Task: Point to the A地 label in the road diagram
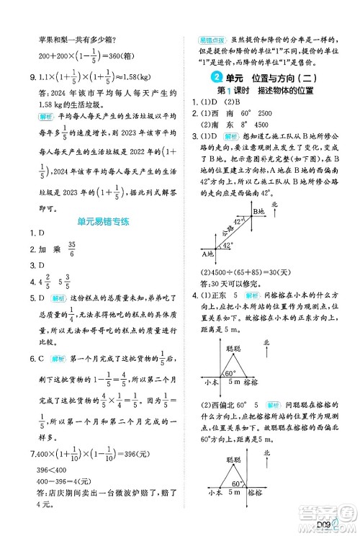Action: (x=208, y=254)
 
